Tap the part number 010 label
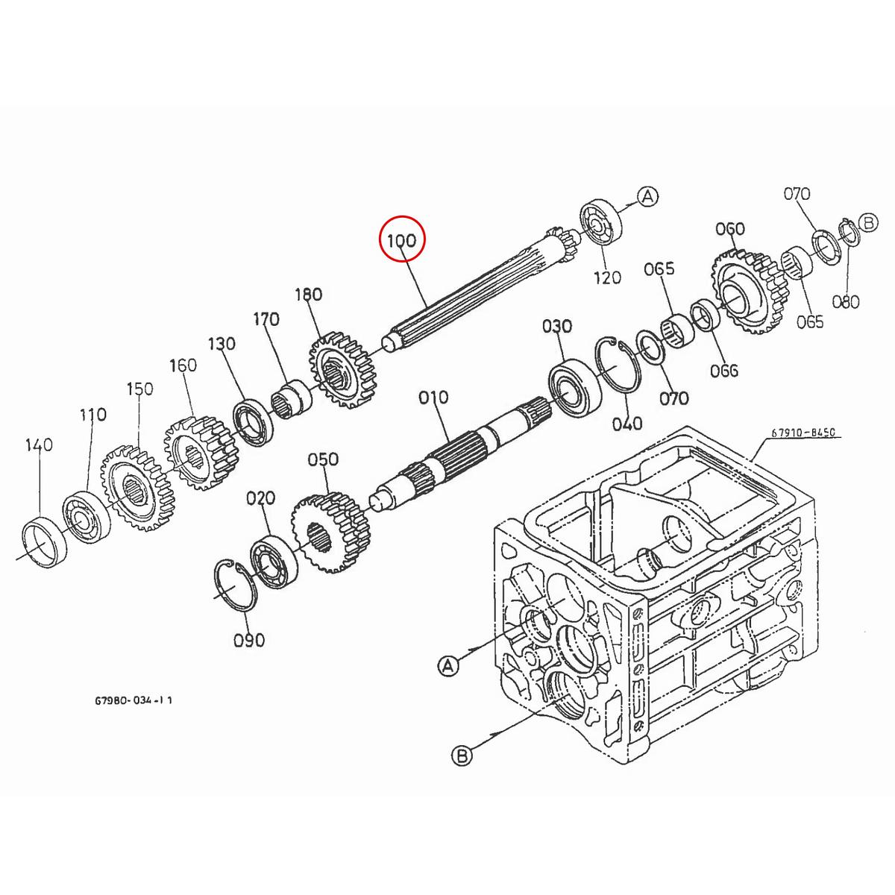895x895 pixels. (433, 397)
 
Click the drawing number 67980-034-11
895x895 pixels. (134, 700)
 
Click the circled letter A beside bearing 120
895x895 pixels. (648, 196)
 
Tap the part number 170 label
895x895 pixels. (266, 319)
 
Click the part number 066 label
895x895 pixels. (724, 371)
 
